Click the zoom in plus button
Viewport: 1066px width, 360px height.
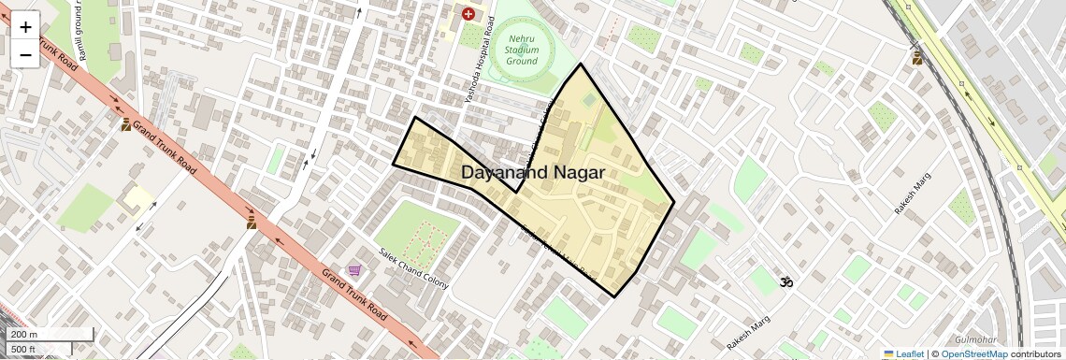tap(25, 27)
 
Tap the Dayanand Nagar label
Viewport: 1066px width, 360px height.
tap(532, 173)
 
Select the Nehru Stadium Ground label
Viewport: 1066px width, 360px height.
tap(522, 49)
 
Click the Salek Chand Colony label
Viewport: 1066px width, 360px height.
tap(413, 266)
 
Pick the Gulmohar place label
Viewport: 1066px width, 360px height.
tap(976, 338)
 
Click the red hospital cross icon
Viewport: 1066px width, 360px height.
tap(468, 13)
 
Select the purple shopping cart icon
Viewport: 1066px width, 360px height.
tap(354, 270)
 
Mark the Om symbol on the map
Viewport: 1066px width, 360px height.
tap(786, 281)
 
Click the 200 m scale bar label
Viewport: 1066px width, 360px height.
tap(24, 334)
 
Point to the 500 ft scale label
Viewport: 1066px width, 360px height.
tap(23, 350)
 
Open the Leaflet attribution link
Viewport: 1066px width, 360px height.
tap(904, 353)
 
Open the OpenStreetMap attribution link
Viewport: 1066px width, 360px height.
tap(973, 353)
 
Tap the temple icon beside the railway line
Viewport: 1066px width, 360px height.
tap(917, 59)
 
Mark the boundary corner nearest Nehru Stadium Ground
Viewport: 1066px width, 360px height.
tap(581, 65)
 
